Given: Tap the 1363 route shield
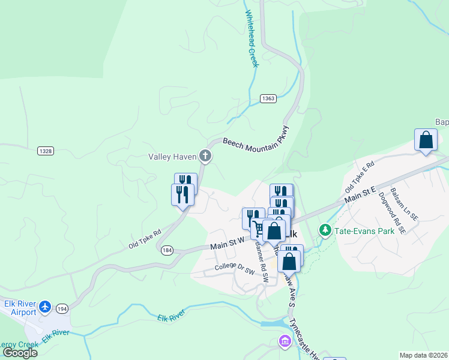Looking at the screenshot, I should [x=268, y=98].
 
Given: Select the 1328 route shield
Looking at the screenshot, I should [x=45, y=150].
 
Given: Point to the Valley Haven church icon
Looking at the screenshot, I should [x=205, y=157].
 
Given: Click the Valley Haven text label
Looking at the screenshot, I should [x=172, y=157].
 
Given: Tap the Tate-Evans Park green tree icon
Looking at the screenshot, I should [x=325, y=230].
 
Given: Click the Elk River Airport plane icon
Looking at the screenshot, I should [x=46, y=308].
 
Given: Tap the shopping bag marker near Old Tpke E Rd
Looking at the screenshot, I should [x=426, y=140].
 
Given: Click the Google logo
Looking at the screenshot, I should [x=20, y=352].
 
